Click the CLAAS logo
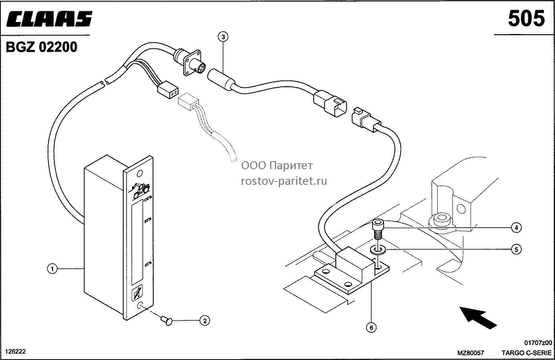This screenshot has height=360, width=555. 49,19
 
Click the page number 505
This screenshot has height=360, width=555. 527,18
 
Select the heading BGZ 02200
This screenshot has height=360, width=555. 41,47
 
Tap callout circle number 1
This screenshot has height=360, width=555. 52,269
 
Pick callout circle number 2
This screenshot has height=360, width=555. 204,321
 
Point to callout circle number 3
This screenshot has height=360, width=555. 223,37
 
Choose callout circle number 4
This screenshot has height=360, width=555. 516,228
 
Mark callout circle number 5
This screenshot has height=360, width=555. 516,249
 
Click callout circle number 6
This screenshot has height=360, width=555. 371,328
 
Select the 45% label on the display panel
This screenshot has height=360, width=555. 148,264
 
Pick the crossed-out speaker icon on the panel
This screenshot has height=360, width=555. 137,293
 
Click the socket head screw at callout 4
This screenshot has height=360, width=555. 377,229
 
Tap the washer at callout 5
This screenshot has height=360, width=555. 377,250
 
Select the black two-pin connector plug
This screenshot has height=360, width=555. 168,90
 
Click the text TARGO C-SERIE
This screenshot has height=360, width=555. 527,352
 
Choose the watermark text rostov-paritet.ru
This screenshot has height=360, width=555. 284,181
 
